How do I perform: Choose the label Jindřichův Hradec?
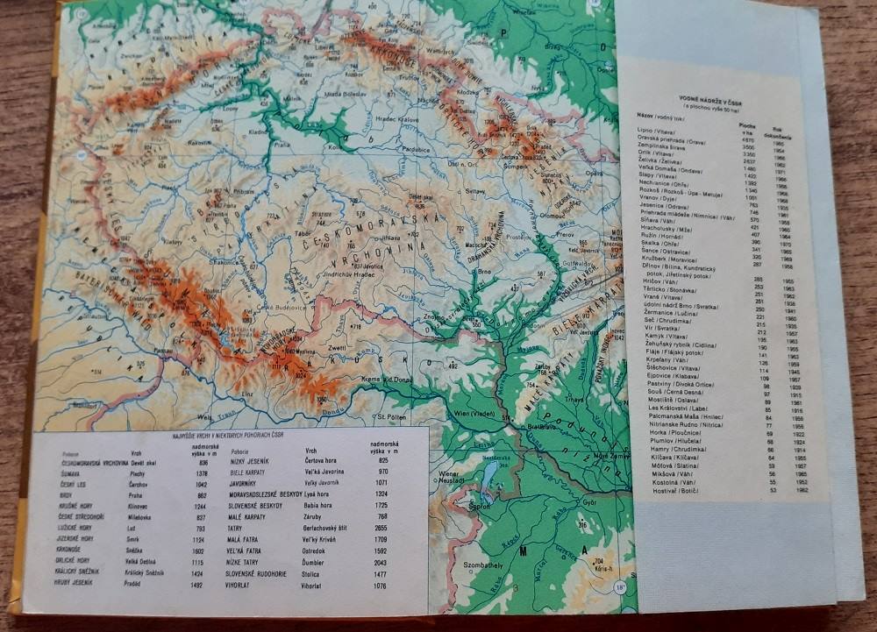pos(332,275)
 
